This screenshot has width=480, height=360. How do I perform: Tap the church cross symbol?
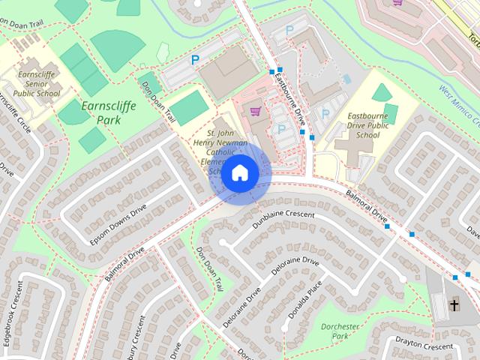[454, 304]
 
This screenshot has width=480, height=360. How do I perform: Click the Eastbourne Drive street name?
[289, 94]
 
